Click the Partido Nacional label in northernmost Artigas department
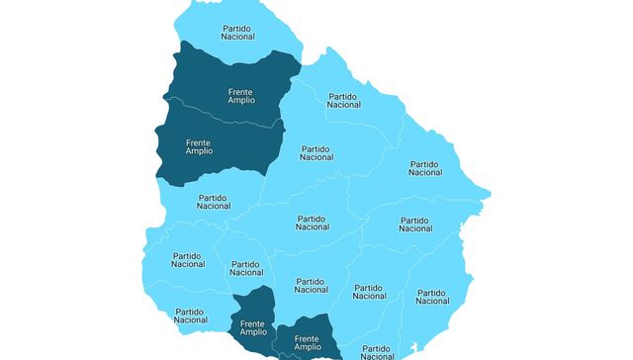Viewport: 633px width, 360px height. point(237,32)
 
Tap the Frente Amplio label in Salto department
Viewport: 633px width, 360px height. point(240,95)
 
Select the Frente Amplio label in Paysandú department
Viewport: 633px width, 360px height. point(199,146)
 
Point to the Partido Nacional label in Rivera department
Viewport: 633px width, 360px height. point(344,100)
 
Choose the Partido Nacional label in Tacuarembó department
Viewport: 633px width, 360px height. point(316,152)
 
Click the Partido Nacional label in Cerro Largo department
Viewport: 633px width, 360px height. point(425,168)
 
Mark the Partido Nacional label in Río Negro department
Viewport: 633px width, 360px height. point(214,202)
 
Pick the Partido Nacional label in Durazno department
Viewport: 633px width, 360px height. point(312,223)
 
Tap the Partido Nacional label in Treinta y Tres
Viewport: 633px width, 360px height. point(415,225)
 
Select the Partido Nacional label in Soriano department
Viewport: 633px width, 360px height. point(188,260)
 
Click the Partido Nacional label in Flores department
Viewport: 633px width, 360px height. point(245,269)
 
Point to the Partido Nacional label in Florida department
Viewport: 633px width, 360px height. point(312,285)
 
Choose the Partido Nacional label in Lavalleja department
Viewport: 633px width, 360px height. point(370,292)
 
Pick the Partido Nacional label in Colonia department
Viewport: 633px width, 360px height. point(191,315)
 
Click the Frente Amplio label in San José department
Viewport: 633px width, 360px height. point(253,327)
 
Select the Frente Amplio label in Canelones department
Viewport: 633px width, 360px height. point(308,343)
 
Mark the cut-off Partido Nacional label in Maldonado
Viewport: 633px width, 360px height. point(377,351)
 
